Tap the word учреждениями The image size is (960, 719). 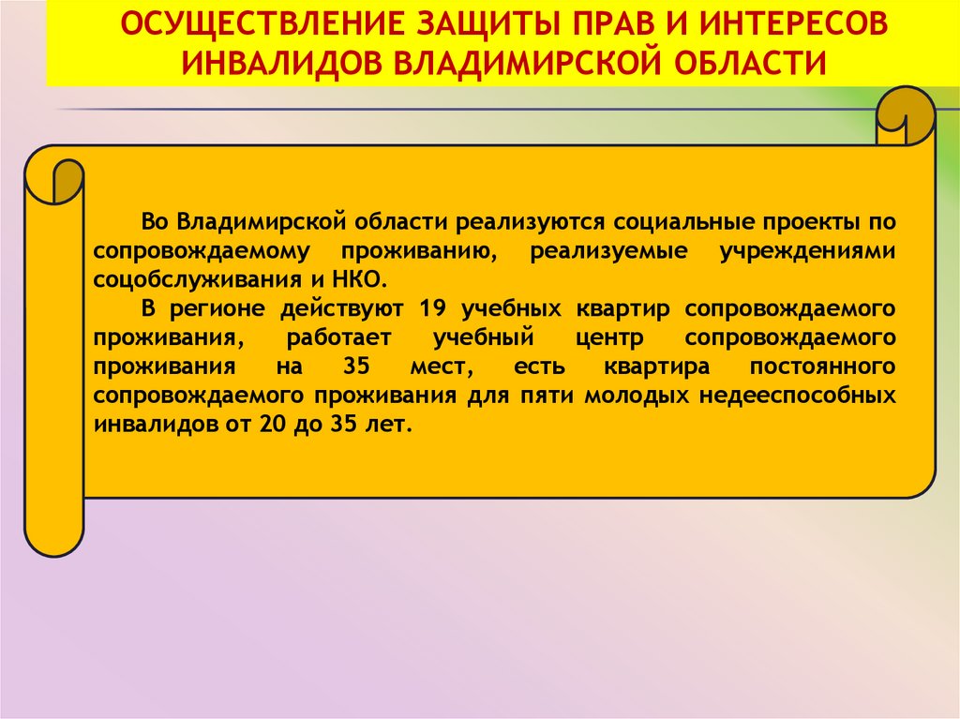coord(807,251)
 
